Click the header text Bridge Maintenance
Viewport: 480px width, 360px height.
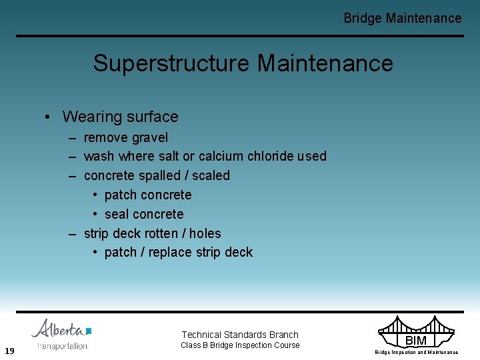pyautogui.click(x=402, y=18)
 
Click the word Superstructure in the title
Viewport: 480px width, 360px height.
pyautogui.click(x=172, y=63)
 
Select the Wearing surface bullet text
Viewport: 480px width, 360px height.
pyautogui.click(x=120, y=117)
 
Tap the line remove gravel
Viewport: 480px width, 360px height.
pyautogui.click(x=125, y=137)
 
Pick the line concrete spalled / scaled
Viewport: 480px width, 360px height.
pyautogui.click(x=157, y=175)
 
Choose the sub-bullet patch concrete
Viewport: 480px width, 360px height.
pyautogui.click(x=148, y=195)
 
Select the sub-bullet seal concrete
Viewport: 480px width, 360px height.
pyautogui.click(x=144, y=214)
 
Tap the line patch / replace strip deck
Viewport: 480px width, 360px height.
pyautogui.click(x=179, y=252)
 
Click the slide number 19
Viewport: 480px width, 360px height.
pyautogui.click(x=9, y=351)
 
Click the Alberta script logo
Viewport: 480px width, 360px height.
pyautogui.click(x=61, y=329)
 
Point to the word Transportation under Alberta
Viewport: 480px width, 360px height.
pyautogui.click(x=62, y=345)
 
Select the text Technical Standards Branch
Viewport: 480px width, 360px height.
pyautogui.click(x=240, y=335)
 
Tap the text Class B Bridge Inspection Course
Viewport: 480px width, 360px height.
pyautogui.click(x=240, y=345)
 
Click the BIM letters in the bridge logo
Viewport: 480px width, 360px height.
pyautogui.click(x=415, y=341)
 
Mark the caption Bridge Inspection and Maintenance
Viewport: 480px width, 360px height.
pyautogui.click(x=416, y=352)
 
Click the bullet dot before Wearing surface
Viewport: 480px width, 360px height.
pyautogui.click(x=49, y=117)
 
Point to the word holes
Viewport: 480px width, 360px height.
pyautogui.click(x=205, y=233)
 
